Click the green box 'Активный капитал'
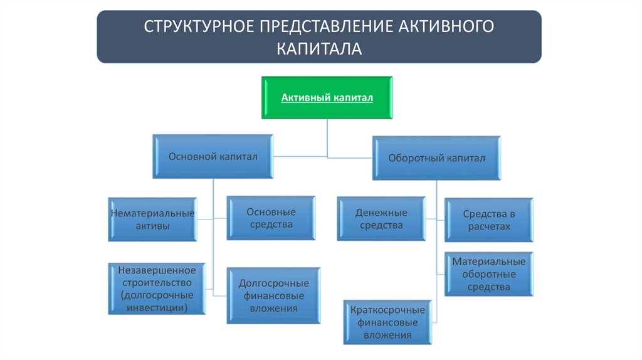[327, 98]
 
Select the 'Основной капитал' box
[213, 156]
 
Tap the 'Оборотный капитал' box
[436, 158]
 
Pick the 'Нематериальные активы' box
[152, 220]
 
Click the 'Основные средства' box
[270, 218]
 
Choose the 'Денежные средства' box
[381, 219]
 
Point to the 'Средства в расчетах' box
[489, 220]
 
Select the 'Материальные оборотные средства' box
[489, 274]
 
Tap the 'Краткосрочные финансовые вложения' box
[387, 322]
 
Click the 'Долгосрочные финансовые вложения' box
[273, 296]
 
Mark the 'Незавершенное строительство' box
[156, 289]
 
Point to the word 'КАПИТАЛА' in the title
[319, 48]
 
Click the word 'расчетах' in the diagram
[489, 226]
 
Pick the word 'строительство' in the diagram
[156, 282]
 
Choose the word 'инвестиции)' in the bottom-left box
[156, 307]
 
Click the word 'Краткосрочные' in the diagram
[387, 310]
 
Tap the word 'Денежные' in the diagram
[381, 213]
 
